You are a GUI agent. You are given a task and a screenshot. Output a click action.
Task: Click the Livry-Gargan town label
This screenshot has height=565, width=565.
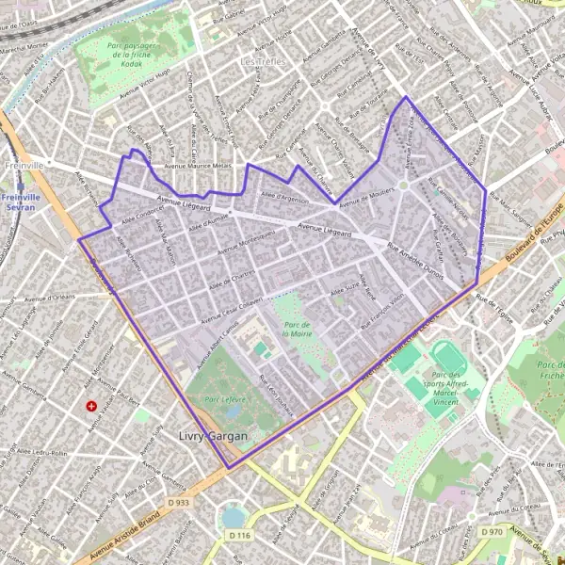point(214,437)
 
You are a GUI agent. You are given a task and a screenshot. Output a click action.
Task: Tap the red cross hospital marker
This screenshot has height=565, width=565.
point(91,406)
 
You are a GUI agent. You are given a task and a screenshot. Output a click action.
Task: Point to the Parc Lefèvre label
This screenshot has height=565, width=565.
point(225,398)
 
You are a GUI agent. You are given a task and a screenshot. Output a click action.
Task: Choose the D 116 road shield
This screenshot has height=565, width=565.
point(240,535)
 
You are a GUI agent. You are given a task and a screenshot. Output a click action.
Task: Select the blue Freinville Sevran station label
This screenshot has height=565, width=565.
point(19,202)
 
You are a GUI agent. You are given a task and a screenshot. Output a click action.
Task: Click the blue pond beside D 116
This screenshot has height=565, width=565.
point(233,517)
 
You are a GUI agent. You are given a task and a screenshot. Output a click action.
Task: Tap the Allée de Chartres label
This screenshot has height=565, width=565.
point(232,274)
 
